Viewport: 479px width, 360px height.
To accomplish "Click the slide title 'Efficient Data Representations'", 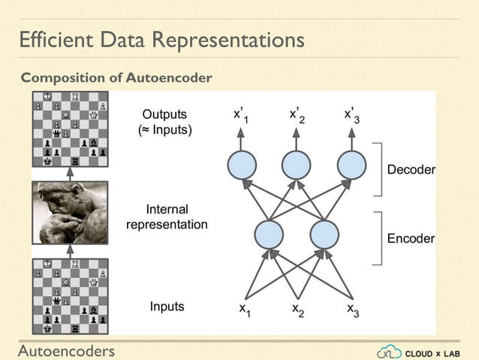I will [x=161, y=40].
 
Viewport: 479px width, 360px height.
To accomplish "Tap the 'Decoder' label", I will [x=411, y=170].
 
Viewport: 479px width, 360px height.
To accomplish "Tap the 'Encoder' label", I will [x=411, y=238].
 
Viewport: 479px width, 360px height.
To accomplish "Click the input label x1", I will [x=244, y=310].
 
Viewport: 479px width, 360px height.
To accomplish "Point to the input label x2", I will [x=297, y=310].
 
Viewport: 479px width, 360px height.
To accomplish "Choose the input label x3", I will [x=352, y=310].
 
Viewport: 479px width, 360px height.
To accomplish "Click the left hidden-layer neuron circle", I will [x=270, y=234].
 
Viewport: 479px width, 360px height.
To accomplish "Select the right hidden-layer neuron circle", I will [x=325, y=234].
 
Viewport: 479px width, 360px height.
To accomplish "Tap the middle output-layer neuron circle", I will [x=297, y=165].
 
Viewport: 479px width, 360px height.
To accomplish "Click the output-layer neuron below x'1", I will [x=241, y=165].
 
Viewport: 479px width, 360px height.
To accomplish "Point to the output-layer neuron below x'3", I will [x=352, y=165].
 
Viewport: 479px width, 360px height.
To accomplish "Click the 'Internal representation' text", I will [x=167, y=216].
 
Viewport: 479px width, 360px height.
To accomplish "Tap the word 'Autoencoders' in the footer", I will [x=67, y=350].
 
